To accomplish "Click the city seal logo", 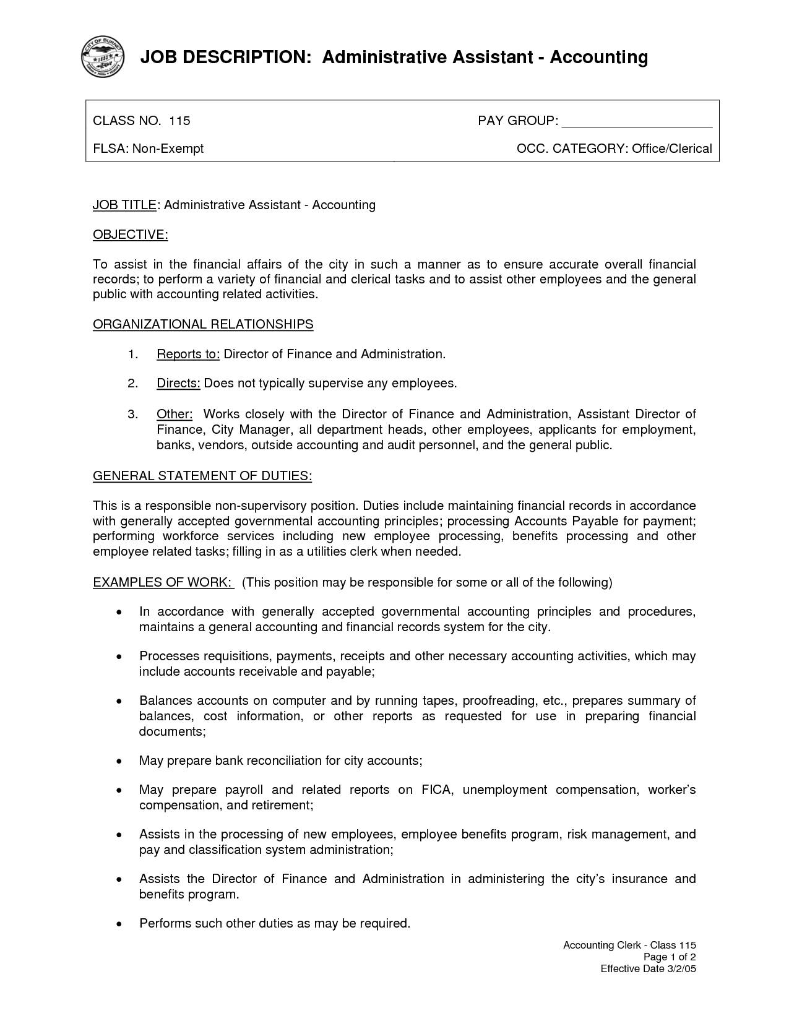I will coord(103,57).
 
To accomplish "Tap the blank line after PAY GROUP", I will coord(637,122).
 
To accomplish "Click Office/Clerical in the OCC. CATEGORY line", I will coord(671,149).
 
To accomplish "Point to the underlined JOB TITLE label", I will coord(124,205).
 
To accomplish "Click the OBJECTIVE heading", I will coord(130,235).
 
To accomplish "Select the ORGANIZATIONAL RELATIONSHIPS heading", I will coord(203,324).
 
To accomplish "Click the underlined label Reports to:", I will coord(188,354).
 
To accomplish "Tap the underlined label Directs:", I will coord(178,384).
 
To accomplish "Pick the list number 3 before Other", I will coord(132,414).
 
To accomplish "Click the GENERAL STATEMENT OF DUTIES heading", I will coord(202,476).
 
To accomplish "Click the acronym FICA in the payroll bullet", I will coord(438,790).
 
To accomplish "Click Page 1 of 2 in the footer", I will coord(670,957).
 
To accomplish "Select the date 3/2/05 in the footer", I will coord(681,968).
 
